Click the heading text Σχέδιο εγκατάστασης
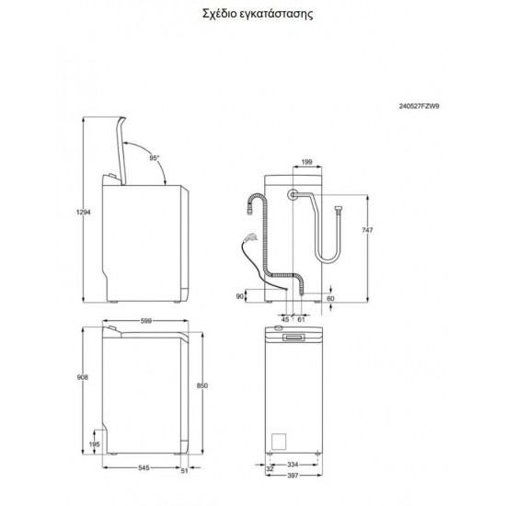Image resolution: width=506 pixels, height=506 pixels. tap(252, 16)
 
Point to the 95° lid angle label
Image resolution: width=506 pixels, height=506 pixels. tap(155, 159)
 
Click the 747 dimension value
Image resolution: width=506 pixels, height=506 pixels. tap(368, 232)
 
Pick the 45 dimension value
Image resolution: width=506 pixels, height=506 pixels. tap(285, 318)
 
